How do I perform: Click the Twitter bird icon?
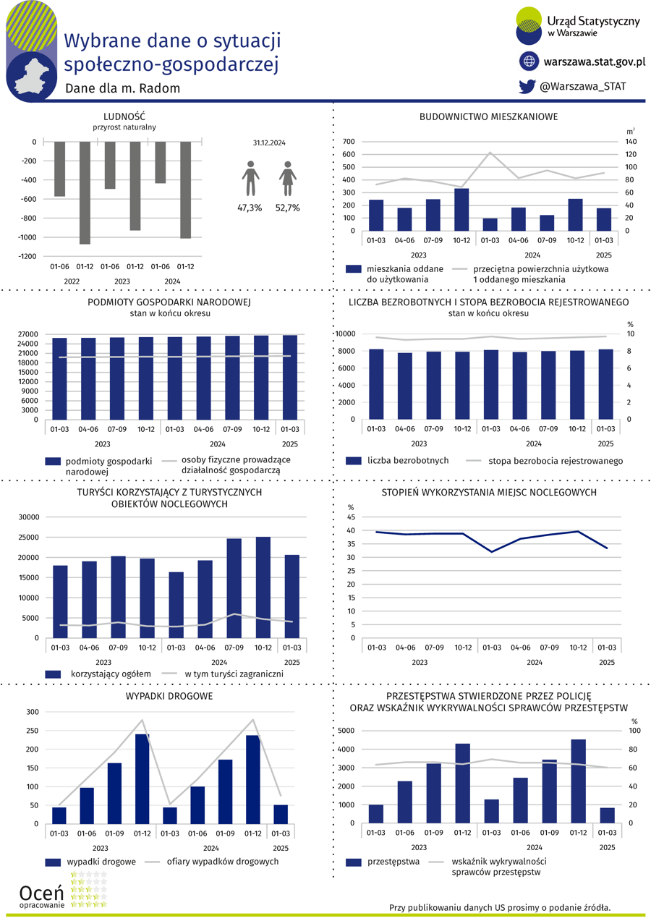[527, 86]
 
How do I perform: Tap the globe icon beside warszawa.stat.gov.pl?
[529, 61]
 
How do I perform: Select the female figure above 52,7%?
[288, 179]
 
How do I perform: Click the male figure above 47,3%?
[250, 179]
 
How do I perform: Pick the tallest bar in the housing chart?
[461, 210]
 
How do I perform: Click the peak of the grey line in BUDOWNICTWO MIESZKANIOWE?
[490, 153]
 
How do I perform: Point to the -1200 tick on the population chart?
[27, 257]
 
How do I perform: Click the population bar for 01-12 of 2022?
[85, 193]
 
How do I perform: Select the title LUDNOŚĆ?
[124, 116]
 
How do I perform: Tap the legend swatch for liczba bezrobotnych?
[354, 460]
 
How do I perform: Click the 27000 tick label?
[27, 334]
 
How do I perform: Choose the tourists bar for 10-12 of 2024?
[263, 587]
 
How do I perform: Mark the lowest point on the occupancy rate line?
[492, 552]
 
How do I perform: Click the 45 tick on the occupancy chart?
[351, 517]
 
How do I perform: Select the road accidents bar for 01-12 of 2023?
[142, 779]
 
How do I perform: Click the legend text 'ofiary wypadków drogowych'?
[223, 862]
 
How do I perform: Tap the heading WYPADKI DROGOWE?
[169, 696]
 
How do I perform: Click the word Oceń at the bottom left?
[41, 893]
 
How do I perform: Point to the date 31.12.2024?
[269, 143]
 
